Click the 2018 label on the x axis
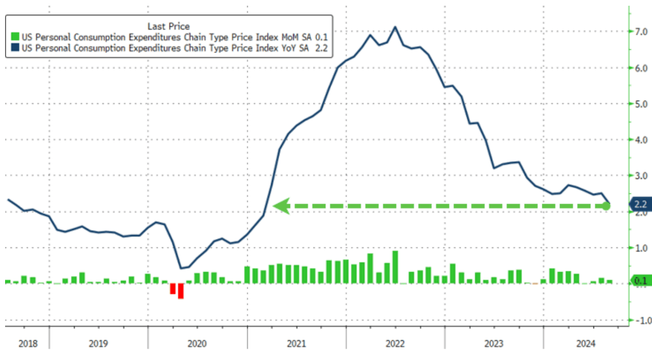[x=27, y=343]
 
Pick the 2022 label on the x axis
[x=395, y=343]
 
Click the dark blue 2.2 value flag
[x=639, y=205]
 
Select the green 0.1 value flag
[x=639, y=280]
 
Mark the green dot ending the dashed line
[x=607, y=206]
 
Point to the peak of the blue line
[x=395, y=27]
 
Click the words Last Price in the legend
[x=168, y=26]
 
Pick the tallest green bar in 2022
[x=395, y=267]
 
